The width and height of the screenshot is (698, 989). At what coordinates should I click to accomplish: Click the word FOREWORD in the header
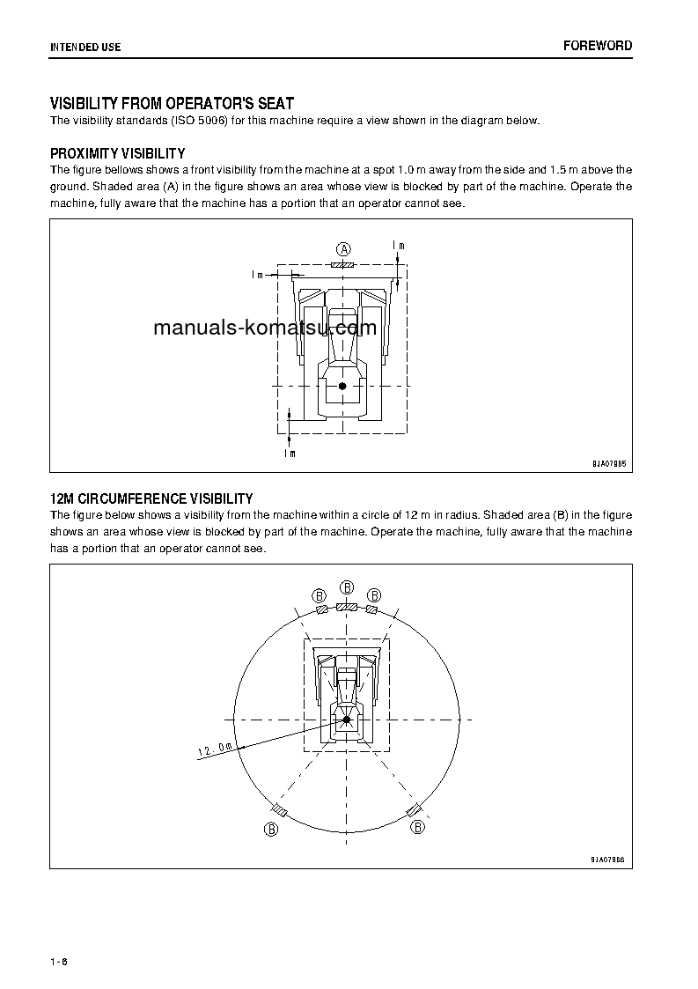(x=598, y=46)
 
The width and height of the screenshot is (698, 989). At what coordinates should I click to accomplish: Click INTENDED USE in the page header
(x=85, y=47)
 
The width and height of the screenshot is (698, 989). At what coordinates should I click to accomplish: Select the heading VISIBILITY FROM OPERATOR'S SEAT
(x=172, y=104)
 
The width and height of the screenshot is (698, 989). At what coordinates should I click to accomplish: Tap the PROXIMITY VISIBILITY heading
(x=117, y=153)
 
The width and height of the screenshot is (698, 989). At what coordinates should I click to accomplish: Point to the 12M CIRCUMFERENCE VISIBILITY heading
(x=151, y=498)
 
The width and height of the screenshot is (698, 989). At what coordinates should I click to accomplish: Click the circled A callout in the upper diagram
(x=344, y=248)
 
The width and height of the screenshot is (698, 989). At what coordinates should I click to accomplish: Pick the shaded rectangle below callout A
(x=342, y=264)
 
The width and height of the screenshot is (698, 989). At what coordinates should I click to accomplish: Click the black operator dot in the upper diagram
(x=342, y=386)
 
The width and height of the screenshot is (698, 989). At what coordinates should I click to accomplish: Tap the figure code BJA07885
(x=608, y=462)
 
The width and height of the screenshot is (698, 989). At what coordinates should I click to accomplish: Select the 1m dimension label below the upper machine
(x=290, y=454)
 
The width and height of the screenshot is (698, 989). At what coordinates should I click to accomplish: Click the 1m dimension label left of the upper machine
(x=258, y=275)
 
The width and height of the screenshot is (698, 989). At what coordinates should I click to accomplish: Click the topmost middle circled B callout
(x=347, y=587)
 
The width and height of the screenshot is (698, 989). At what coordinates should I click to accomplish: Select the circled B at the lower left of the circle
(x=272, y=829)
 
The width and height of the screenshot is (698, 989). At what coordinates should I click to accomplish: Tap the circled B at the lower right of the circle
(x=418, y=828)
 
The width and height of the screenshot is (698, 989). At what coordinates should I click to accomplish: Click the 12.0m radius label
(x=215, y=749)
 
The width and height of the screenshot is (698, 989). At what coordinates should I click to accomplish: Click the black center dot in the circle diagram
(x=347, y=720)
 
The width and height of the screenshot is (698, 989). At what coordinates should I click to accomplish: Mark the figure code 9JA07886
(x=608, y=858)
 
